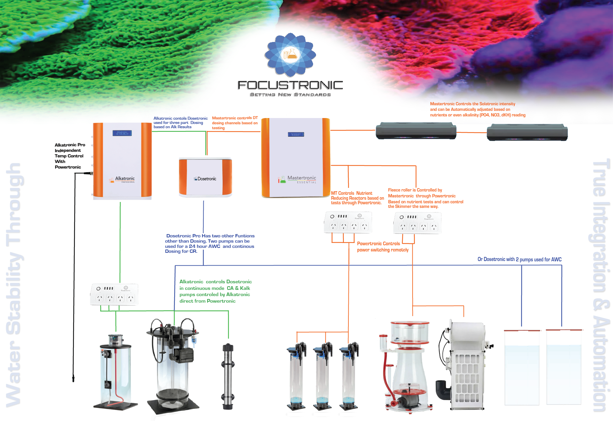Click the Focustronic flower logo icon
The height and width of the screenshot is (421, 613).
coord(290,54)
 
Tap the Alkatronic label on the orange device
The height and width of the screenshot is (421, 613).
coord(125,179)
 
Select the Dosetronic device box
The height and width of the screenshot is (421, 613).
coord(205,177)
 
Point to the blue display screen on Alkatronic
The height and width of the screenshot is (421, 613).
coord(122,133)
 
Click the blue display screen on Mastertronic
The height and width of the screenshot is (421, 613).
coord(296,134)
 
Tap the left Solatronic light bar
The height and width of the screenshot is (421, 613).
coord(416,131)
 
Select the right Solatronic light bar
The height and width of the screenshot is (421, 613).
coord(527,132)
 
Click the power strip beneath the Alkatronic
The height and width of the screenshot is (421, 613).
coord(114,295)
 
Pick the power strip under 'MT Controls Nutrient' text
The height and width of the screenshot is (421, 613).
coord(348,222)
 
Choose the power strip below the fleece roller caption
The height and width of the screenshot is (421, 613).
coord(418,223)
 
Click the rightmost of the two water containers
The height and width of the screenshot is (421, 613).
coord(564,369)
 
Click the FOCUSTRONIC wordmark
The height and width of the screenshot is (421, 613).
coord(290,86)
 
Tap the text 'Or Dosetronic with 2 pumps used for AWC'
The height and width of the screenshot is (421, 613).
coord(519,259)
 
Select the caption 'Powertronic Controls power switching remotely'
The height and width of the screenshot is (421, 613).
coord(382,247)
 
